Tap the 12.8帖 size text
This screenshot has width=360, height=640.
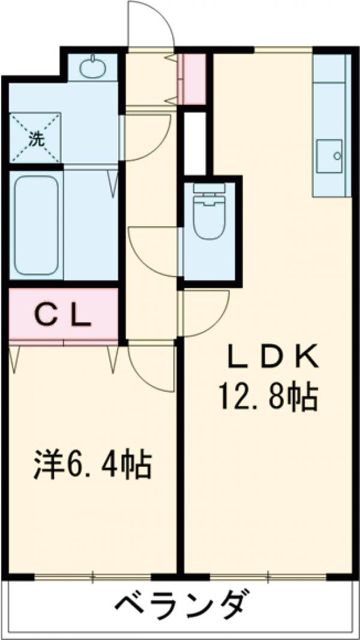(x=268, y=396)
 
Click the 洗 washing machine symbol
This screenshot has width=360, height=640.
(x=35, y=139)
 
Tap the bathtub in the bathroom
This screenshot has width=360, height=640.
(x=35, y=226)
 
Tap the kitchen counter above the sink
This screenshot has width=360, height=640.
(x=329, y=96)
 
